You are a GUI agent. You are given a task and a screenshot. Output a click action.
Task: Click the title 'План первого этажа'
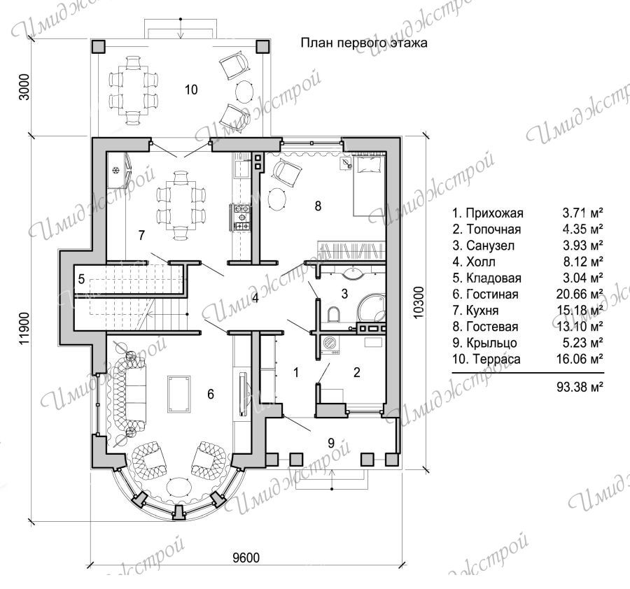point(364,43)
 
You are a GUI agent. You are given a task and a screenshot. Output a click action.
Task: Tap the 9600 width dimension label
point(246,558)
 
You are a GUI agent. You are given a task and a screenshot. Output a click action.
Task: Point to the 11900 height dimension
point(25,328)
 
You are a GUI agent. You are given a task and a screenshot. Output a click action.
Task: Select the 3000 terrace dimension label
point(24,87)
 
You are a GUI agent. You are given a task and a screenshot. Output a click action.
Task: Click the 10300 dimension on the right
point(419,303)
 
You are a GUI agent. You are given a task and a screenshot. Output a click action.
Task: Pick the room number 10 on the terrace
point(191,89)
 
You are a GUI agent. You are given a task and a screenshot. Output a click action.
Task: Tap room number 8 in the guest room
point(318,206)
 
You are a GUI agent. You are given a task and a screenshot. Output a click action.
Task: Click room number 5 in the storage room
point(82,278)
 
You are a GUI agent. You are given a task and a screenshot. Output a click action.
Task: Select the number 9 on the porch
point(331,443)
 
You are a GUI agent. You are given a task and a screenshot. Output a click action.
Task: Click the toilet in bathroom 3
point(333,314)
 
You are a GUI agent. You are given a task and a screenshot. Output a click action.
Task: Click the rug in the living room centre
point(179,394)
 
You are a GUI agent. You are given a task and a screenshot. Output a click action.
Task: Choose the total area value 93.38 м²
point(580,387)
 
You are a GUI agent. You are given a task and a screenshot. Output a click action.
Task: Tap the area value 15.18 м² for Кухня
point(580,311)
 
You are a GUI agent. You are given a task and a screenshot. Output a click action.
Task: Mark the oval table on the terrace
point(244,90)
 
